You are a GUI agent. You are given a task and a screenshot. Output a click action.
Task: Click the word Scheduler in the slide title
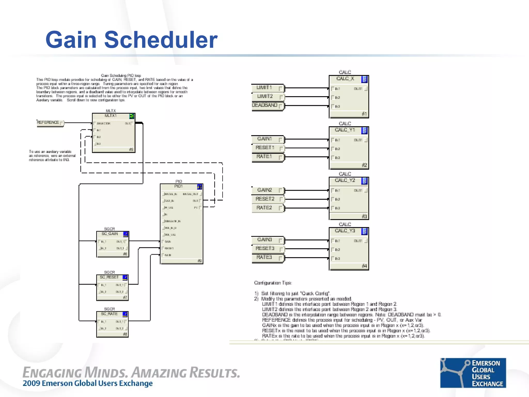pos(161,40)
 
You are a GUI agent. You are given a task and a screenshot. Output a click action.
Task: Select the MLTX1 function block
pos(114,133)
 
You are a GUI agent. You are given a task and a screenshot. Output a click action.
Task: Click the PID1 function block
pos(181,224)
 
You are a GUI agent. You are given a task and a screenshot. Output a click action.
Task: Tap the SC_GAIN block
pos(113,244)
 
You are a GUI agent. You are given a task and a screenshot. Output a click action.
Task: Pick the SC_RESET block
pos(112,288)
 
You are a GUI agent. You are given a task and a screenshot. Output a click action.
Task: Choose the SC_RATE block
pos(112,324)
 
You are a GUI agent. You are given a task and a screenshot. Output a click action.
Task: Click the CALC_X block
pos(349,97)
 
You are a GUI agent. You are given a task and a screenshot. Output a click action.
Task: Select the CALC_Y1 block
pos(349,148)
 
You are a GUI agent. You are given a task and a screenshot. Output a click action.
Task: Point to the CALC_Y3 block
pos(349,249)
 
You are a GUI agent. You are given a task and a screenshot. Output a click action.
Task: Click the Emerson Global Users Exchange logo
pos(473,373)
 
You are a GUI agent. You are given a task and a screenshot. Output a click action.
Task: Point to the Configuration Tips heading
pos(273,283)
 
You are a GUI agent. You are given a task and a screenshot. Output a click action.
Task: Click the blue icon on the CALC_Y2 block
pos(364,181)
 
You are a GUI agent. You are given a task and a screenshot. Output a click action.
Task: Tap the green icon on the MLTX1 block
pos(132,116)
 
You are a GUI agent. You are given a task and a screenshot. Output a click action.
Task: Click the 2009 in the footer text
pos(31,383)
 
